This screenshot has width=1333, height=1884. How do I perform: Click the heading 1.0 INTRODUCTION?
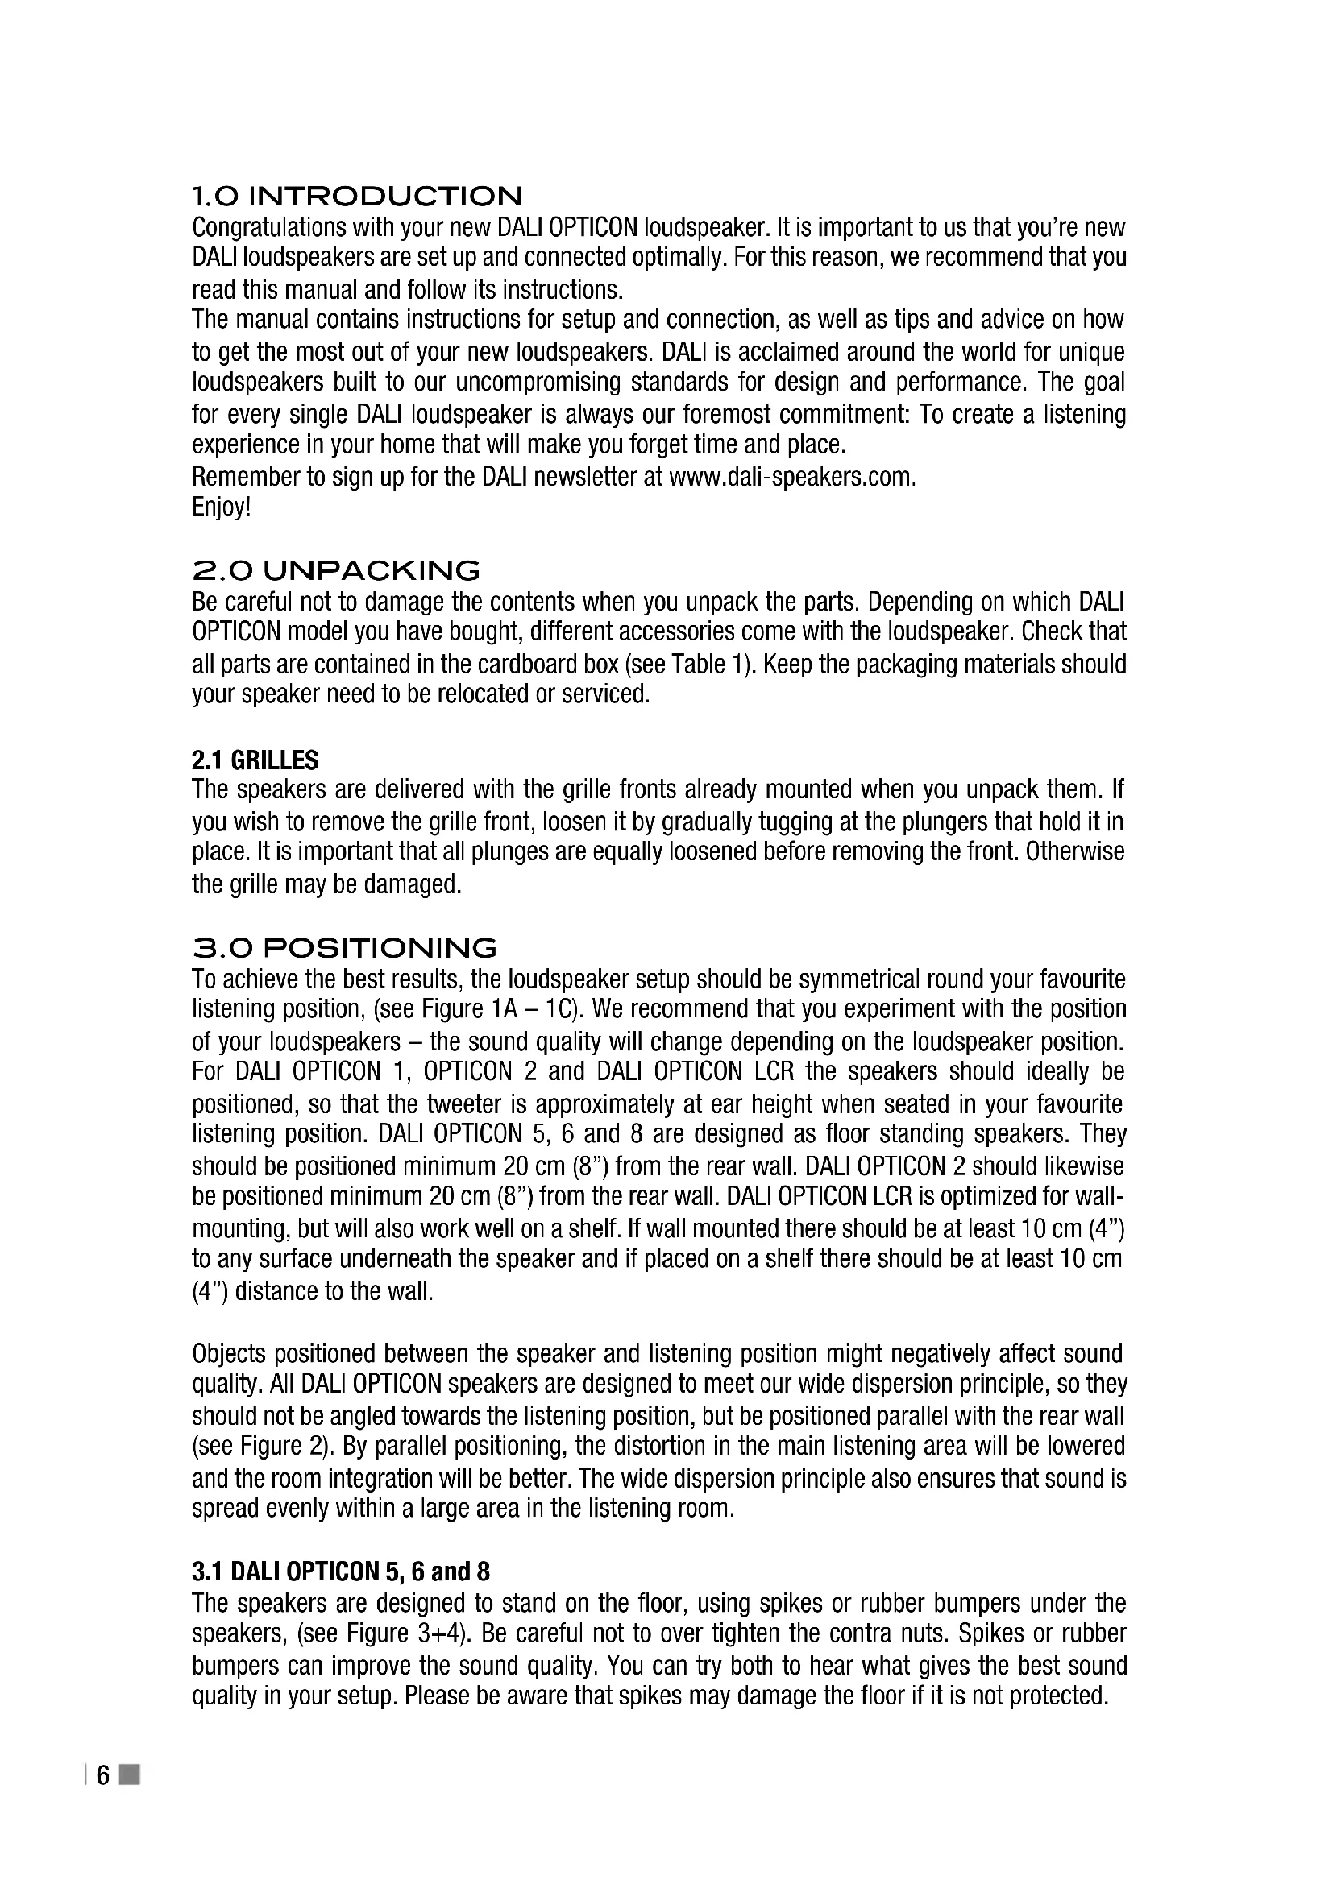(357, 196)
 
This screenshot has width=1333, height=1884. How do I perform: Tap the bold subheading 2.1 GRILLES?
(255, 760)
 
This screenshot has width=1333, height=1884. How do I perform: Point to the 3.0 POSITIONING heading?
(344, 949)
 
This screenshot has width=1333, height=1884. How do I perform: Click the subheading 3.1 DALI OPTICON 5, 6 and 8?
(341, 1571)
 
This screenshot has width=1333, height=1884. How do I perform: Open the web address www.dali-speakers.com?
(791, 477)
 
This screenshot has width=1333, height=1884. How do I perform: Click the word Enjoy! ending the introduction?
(221, 508)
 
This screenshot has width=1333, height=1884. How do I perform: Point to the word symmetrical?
(858, 979)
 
